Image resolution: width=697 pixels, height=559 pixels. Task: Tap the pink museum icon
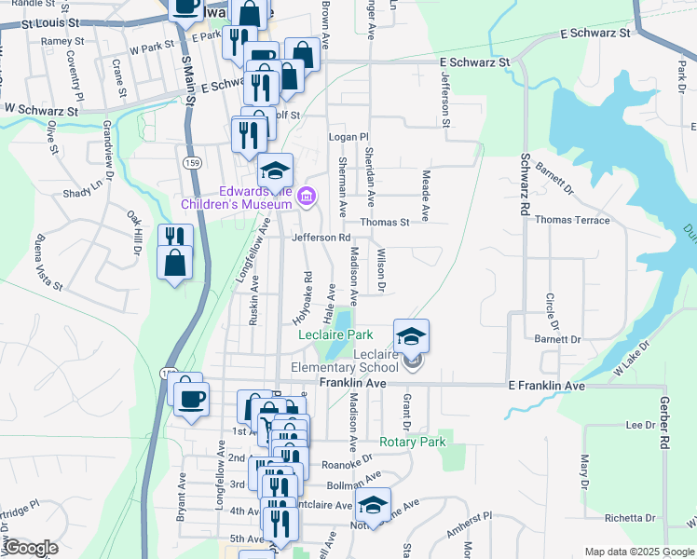[307, 197]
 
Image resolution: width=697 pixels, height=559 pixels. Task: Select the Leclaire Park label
[335, 334]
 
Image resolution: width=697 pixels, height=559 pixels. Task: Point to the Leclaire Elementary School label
[349, 361]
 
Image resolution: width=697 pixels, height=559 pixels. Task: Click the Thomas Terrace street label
[573, 221]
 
